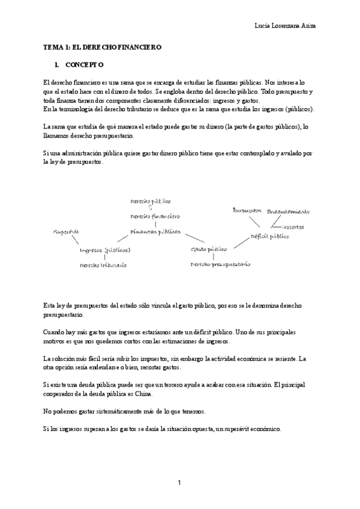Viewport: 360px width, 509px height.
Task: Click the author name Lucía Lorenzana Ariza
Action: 286,26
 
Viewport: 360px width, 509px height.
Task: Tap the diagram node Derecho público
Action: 151,200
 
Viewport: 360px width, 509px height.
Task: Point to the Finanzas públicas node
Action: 155,231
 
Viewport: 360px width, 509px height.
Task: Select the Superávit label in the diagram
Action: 66,232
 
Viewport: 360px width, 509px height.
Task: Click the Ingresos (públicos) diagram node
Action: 105,250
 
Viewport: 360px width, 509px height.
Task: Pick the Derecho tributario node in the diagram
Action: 103,265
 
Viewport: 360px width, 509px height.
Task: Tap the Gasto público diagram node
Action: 208,248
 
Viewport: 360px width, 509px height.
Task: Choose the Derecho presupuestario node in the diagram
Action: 220,264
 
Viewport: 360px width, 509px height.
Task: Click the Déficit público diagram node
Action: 269,236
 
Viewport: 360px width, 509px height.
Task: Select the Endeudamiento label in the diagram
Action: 288,211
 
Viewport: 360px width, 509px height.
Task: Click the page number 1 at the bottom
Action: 179,482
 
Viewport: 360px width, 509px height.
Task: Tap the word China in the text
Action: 144,394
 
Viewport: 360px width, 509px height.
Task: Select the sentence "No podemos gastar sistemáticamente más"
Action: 125,412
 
